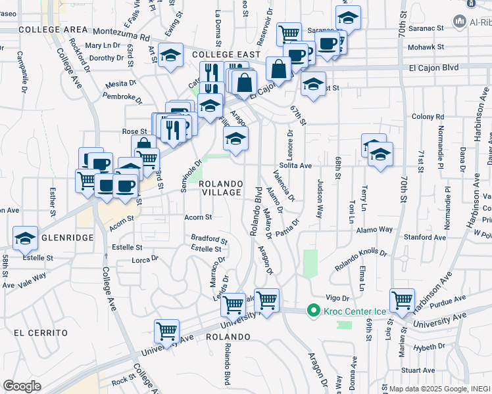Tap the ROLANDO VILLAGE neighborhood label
click(x=221, y=188)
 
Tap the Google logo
click(x=22, y=385)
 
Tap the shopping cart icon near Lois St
click(x=402, y=300)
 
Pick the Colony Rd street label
click(x=424, y=117)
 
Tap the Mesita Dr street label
click(x=120, y=83)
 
